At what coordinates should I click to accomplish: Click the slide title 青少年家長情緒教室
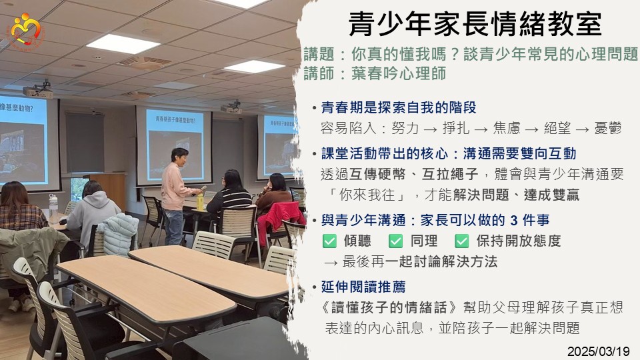(x=475, y=24)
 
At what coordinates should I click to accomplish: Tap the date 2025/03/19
(x=599, y=351)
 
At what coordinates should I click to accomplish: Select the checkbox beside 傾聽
(x=329, y=241)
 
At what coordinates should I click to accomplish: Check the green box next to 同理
(x=395, y=241)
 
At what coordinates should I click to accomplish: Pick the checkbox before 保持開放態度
(x=461, y=241)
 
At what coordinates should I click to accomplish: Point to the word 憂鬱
(x=608, y=128)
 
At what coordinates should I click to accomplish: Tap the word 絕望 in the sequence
(x=557, y=128)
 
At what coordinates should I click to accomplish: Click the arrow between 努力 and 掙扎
(x=431, y=129)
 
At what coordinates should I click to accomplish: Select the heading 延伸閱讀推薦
(x=363, y=287)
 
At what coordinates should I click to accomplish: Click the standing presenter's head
(x=179, y=156)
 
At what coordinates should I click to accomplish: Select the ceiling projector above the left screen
(x=38, y=91)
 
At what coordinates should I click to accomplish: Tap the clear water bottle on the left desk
(x=53, y=208)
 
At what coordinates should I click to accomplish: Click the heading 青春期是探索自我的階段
(x=399, y=107)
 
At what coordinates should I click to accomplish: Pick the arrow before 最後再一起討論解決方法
(x=330, y=263)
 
